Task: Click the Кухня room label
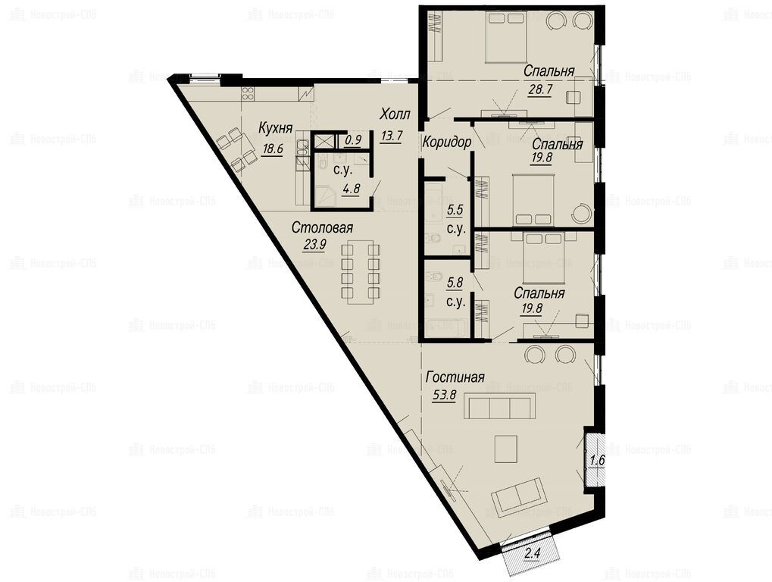(x=276, y=128)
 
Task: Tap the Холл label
(x=395, y=114)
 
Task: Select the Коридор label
(x=447, y=142)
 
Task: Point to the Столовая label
(x=323, y=228)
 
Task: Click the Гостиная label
(x=455, y=377)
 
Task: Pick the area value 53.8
(x=445, y=395)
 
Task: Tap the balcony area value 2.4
(x=533, y=554)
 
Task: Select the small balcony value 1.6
(x=597, y=462)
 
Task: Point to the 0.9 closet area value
(x=353, y=140)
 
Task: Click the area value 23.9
(x=314, y=244)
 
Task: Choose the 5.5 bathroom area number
(x=455, y=211)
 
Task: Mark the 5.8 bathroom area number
(x=455, y=283)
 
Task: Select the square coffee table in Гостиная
(x=505, y=449)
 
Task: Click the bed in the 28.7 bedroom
(x=506, y=37)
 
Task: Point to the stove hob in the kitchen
(x=248, y=93)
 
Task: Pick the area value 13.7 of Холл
(x=392, y=136)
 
